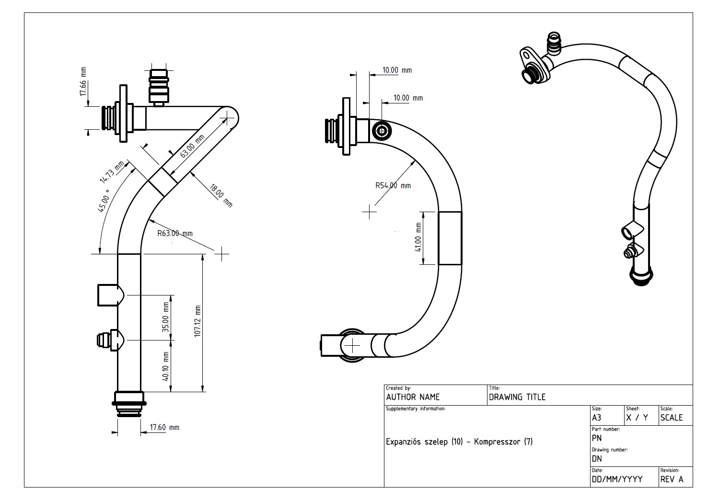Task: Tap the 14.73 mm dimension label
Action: (x=111, y=172)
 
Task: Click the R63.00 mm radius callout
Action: (x=175, y=234)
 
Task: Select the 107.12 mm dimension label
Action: (x=198, y=321)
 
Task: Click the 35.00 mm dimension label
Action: (x=166, y=317)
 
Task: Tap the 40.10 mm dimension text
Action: (x=166, y=366)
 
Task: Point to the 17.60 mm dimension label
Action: (x=164, y=427)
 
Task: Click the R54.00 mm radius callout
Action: (x=393, y=185)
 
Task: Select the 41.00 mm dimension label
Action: (x=418, y=238)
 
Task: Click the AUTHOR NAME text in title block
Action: (x=413, y=397)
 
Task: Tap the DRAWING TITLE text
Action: (x=517, y=397)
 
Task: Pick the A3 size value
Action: (x=597, y=418)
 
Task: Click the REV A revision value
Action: (x=672, y=479)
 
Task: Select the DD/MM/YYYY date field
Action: (x=617, y=479)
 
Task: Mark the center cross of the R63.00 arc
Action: (x=221, y=254)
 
